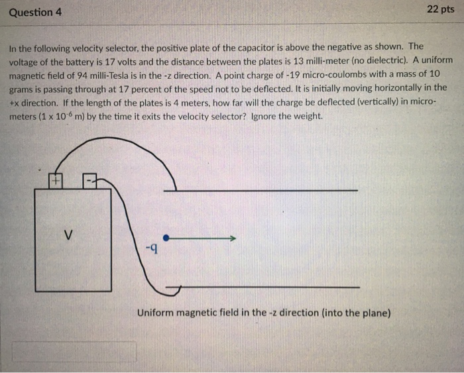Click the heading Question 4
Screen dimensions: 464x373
point(34,12)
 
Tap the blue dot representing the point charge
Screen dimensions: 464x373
point(166,238)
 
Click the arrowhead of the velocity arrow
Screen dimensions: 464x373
point(233,238)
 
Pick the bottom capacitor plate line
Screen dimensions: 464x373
point(265,287)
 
